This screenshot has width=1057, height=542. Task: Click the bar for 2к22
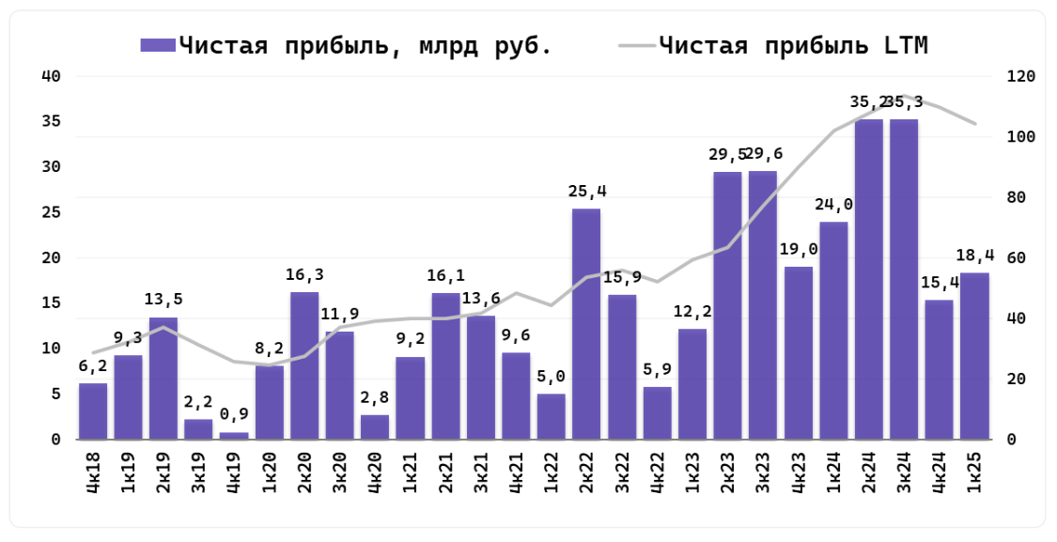[x=586, y=324]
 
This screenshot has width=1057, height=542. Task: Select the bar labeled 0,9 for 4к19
[x=234, y=436]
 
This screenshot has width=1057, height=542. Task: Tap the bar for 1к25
[x=974, y=356]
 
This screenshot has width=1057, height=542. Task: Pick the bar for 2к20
[x=304, y=366]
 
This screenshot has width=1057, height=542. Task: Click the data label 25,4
[x=587, y=192]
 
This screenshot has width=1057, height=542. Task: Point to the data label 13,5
[x=163, y=301]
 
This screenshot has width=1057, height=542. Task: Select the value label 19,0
[x=799, y=250]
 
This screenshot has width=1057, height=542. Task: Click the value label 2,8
[x=375, y=397]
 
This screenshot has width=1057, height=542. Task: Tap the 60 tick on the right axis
[x=1015, y=258]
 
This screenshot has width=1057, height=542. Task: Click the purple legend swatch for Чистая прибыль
[x=157, y=45]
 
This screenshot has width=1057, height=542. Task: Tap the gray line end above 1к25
[x=974, y=123]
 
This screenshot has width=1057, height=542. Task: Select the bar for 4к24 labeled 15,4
[x=939, y=369]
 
